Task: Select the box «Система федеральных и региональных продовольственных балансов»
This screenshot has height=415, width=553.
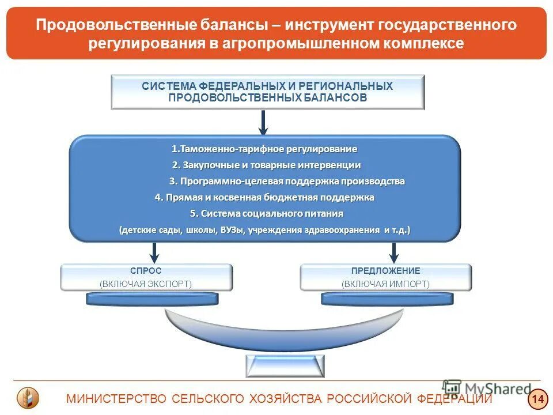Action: click(x=267, y=92)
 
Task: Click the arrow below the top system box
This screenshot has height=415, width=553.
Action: click(x=263, y=122)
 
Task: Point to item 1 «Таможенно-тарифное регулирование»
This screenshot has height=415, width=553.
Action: click(x=264, y=149)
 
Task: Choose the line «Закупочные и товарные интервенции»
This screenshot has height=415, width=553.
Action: click(x=266, y=165)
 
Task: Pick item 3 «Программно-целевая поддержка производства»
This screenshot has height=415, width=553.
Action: click(x=286, y=181)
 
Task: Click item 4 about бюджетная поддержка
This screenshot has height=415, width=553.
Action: click(x=264, y=197)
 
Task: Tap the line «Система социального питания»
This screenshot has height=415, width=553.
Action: click(x=266, y=213)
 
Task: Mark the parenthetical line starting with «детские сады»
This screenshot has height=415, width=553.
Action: click(x=264, y=230)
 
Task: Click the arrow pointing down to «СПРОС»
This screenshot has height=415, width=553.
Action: click(x=154, y=251)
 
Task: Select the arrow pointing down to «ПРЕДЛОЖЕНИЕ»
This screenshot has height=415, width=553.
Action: click(x=394, y=251)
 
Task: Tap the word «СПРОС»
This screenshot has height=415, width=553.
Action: click(x=146, y=271)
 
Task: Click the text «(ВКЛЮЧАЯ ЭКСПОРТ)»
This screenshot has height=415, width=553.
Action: click(x=146, y=284)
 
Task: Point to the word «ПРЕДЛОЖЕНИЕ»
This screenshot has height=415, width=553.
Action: click(x=385, y=271)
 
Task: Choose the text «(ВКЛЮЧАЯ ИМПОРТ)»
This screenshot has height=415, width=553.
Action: click(x=385, y=284)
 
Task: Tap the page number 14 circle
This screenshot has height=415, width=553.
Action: click(x=537, y=398)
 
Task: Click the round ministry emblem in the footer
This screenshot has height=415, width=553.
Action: click(x=28, y=398)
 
